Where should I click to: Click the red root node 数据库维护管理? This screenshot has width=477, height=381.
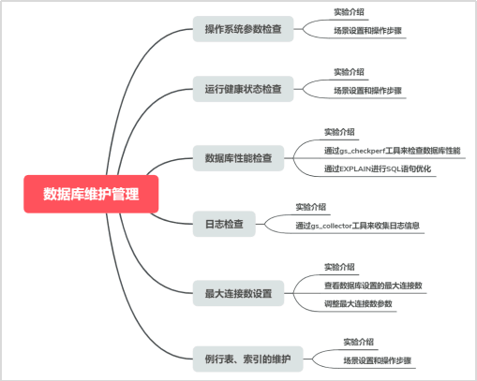pyautogui.click(x=91, y=195)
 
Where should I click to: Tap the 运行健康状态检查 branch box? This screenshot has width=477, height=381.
pyautogui.click(x=243, y=90)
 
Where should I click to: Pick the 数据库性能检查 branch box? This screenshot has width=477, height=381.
pyautogui.click(x=237, y=157)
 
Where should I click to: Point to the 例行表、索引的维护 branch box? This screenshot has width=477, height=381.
pyautogui.click(x=247, y=359)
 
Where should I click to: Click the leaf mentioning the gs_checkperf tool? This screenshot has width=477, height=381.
pyautogui.click(x=392, y=150)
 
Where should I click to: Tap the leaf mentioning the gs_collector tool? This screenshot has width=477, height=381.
pyautogui.click(x=357, y=226)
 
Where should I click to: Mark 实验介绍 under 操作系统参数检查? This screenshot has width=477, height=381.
pyautogui.click(x=349, y=12)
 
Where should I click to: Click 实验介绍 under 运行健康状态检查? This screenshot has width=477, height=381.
pyautogui.click(x=349, y=71)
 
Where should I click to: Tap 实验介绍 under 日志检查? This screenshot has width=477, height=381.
pyautogui.click(x=310, y=207)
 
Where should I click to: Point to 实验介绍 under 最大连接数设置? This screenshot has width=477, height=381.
pyautogui.click(x=339, y=267)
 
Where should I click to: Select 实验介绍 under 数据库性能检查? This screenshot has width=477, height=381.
pyautogui.click(x=339, y=132)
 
